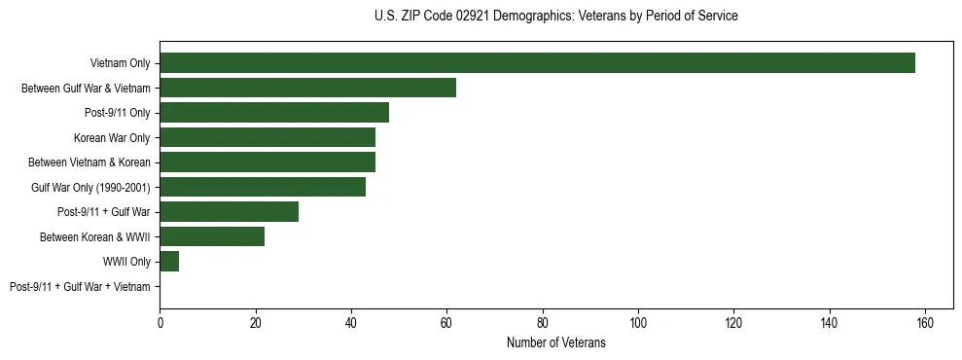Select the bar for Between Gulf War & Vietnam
pos(307,88)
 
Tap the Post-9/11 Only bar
pos(274,113)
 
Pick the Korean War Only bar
pos(267,137)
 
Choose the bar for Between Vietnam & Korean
pos(267,162)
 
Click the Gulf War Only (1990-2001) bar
pos(263,187)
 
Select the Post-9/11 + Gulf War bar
pos(230,211)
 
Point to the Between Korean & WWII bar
pos(212,236)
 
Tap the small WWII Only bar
pos(169,261)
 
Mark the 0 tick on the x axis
pos(160,323)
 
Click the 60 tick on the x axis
pos(446,323)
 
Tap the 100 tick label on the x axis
pos(638,323)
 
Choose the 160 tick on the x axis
pos(925,323)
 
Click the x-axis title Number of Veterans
pos(556,342)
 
